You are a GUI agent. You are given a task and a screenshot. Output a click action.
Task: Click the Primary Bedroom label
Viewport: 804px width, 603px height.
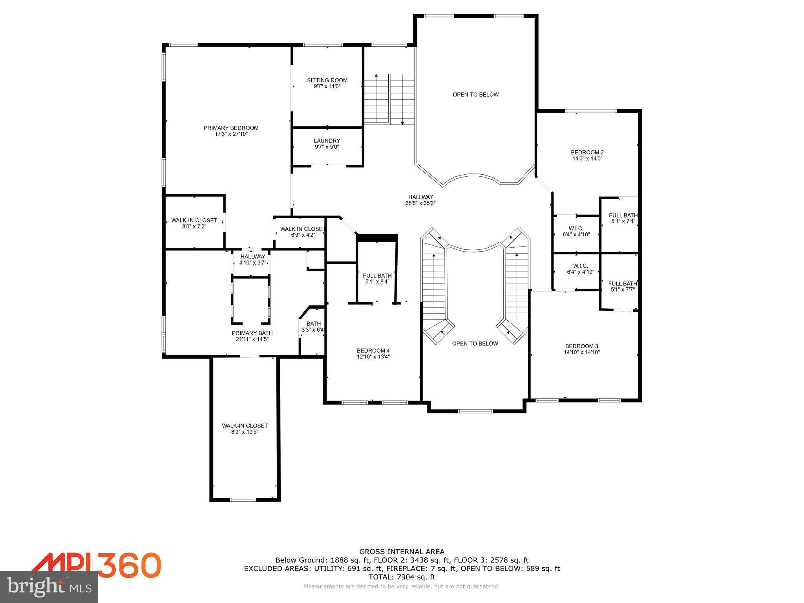click(x=231, y=128)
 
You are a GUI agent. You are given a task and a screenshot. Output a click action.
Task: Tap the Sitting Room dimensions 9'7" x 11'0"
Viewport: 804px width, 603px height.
click(x=327, y=86)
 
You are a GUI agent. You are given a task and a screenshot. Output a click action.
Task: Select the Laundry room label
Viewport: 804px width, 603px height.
click(x=327, y=141)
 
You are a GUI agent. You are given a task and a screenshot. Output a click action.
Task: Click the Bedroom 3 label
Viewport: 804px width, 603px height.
click(x=581, y=346)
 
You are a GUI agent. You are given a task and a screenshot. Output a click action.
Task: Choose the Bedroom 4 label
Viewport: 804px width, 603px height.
click(x=373, y=351)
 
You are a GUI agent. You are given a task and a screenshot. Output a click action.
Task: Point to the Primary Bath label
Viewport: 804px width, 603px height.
click(x=252, y=333)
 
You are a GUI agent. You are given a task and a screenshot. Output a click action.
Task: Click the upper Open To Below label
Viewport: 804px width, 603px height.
click(x=475, y=95)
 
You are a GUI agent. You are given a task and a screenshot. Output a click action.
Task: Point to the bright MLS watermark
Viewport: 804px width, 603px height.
click(x=49, y=587)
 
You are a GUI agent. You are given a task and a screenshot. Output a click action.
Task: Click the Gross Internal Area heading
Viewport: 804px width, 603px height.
click(x=402, y=552)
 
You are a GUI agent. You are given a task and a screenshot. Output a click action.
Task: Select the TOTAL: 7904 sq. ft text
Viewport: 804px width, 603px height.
click(x=402, y=577)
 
